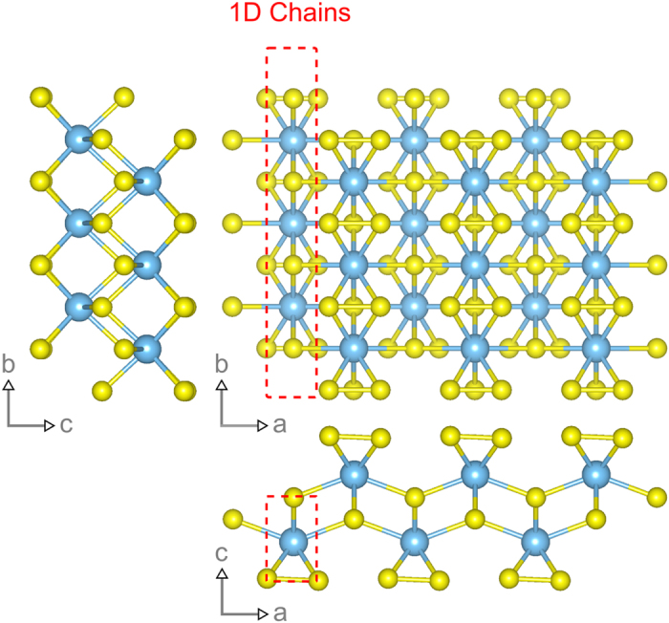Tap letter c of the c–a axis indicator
[x=223, y=552]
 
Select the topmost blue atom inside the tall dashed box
[x=292, y=140]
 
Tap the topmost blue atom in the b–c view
[x=79, y=140]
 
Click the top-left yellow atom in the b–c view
[x=40, y=97]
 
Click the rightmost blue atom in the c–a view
[x=596, y=473]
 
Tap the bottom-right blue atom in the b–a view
[x=596, y=346]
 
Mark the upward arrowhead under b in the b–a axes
[x=223, y=386]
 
